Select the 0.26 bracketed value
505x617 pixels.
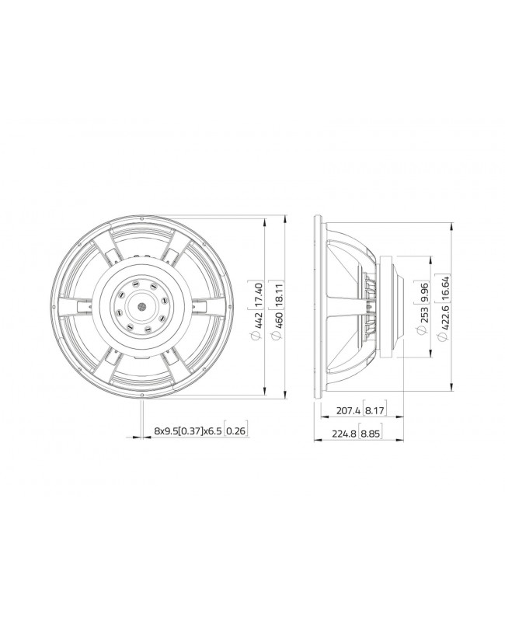coord(237,430)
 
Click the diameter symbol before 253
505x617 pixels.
coord(424,331)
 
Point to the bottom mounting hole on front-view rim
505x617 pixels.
coord(143,394)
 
